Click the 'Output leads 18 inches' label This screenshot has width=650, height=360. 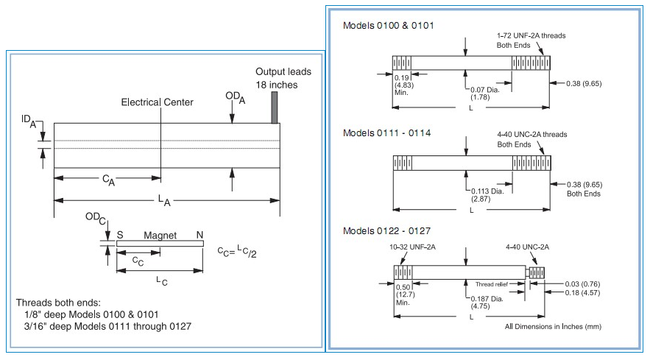[x=283, y=77]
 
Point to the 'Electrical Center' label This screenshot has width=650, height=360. [x=157, y=102]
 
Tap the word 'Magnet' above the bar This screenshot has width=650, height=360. [x=159, y=236]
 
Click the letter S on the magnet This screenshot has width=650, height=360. [x=120, y=236]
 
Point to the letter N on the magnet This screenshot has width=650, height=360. [x=199, y=236]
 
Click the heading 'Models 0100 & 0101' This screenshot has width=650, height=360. [x=389, y=26]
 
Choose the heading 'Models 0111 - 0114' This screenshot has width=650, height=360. [x=387, y=133]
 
